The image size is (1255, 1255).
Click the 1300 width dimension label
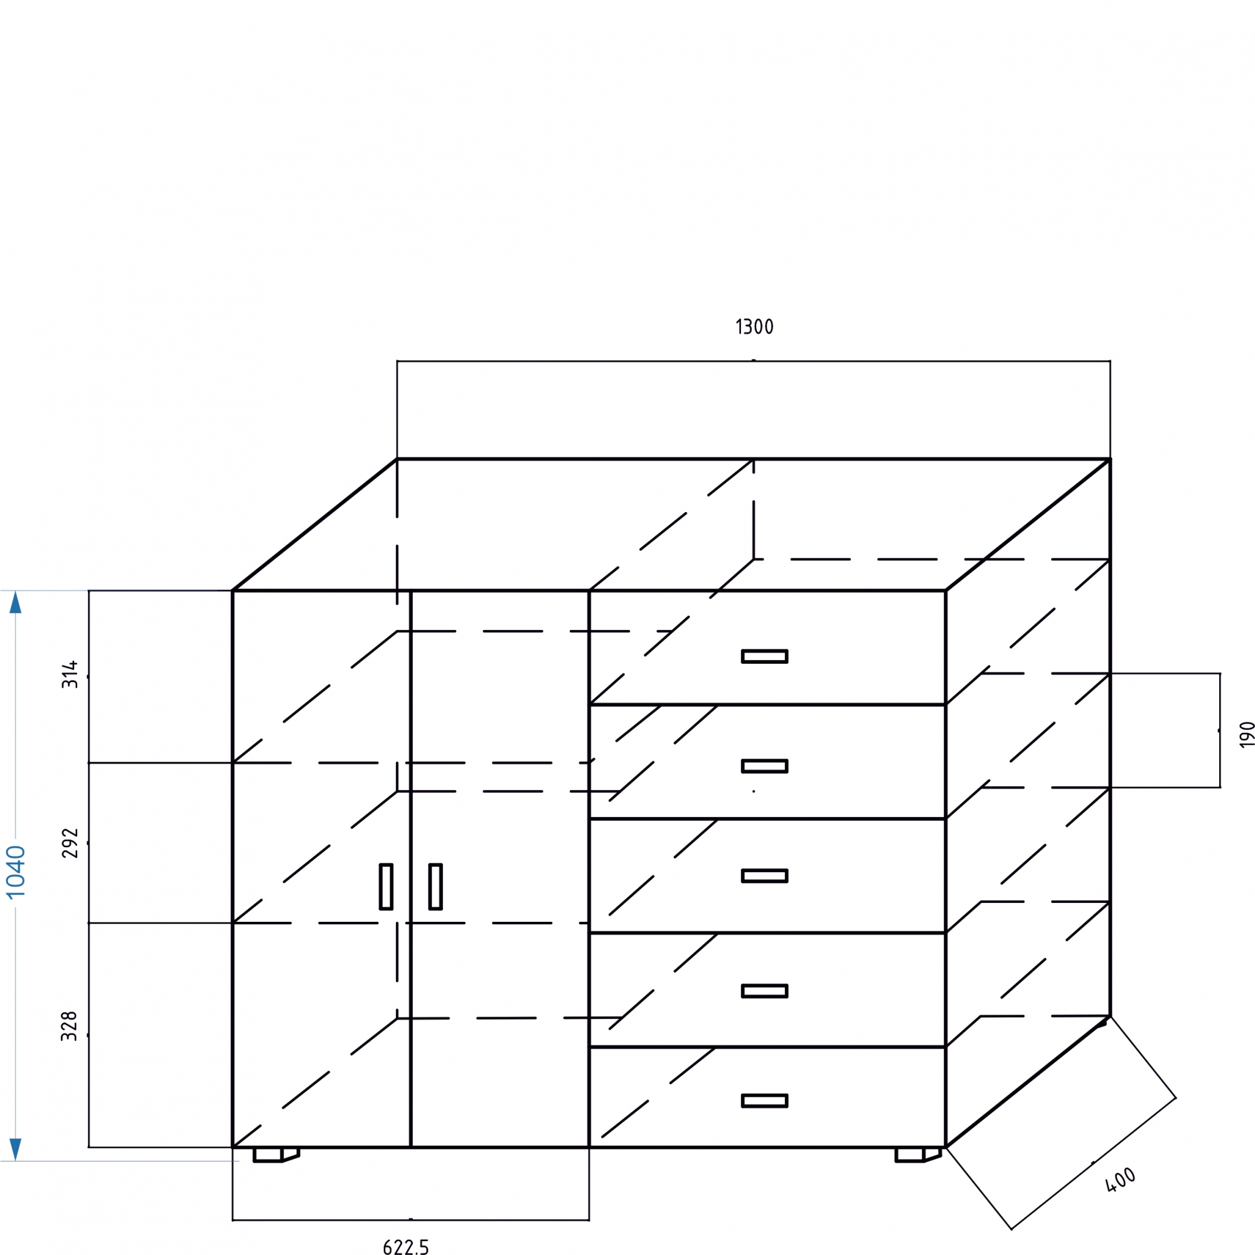pyautogui.click(x=754, y=327)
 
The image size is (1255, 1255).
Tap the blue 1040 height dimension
pyautogui.click(x=16, y=872)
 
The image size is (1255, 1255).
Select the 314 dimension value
pyautogui.click(x=70, y=675)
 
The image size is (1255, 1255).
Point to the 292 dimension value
pyautogui.click(x=70, y=843)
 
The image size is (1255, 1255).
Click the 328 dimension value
pyautogui.click(x=70, y=1026)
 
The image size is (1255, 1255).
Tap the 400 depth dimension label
pyautogui.click(x=1121, y=1180)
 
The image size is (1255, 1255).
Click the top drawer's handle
pyautogui.click(x=764, y=656)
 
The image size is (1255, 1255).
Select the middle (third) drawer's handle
pyautogui.click(x=764, y=876)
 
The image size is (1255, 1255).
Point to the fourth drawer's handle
pyautogui.click(x=764, y=991)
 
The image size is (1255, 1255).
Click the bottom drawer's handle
pyautogui.click(x=764, y=1101)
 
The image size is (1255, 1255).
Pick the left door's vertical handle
pyautogui.click(x=386, y=887)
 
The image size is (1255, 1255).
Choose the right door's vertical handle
pyautogui.click(x=435, y=887)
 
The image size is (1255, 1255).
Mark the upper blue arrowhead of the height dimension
pyautogui.click(x=16, y=602)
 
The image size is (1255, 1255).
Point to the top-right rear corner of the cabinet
pyautogui.click(x=1109, y=459)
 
